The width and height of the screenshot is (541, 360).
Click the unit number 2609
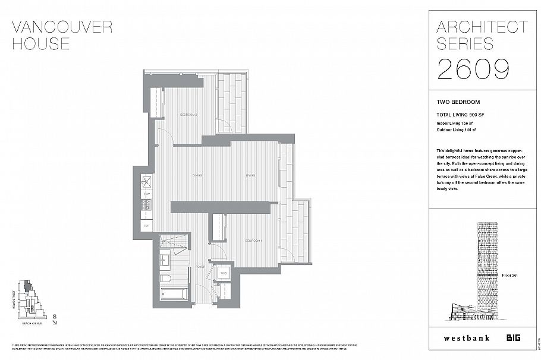[x=473, y=69]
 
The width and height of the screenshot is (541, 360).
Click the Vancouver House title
[x=62, y=35]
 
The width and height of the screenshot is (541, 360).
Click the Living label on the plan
[x=251, y=176]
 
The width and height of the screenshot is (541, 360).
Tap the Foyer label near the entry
[x=200, y=267]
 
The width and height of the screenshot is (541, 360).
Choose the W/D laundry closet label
[x=223, y=273]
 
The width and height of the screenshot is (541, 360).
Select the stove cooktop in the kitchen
[x=147, y=206]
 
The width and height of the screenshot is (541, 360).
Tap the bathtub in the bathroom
[x=173, y=295]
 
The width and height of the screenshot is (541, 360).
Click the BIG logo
[x=513, y=338]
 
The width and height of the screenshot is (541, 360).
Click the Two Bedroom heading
[x=458, y=102]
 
